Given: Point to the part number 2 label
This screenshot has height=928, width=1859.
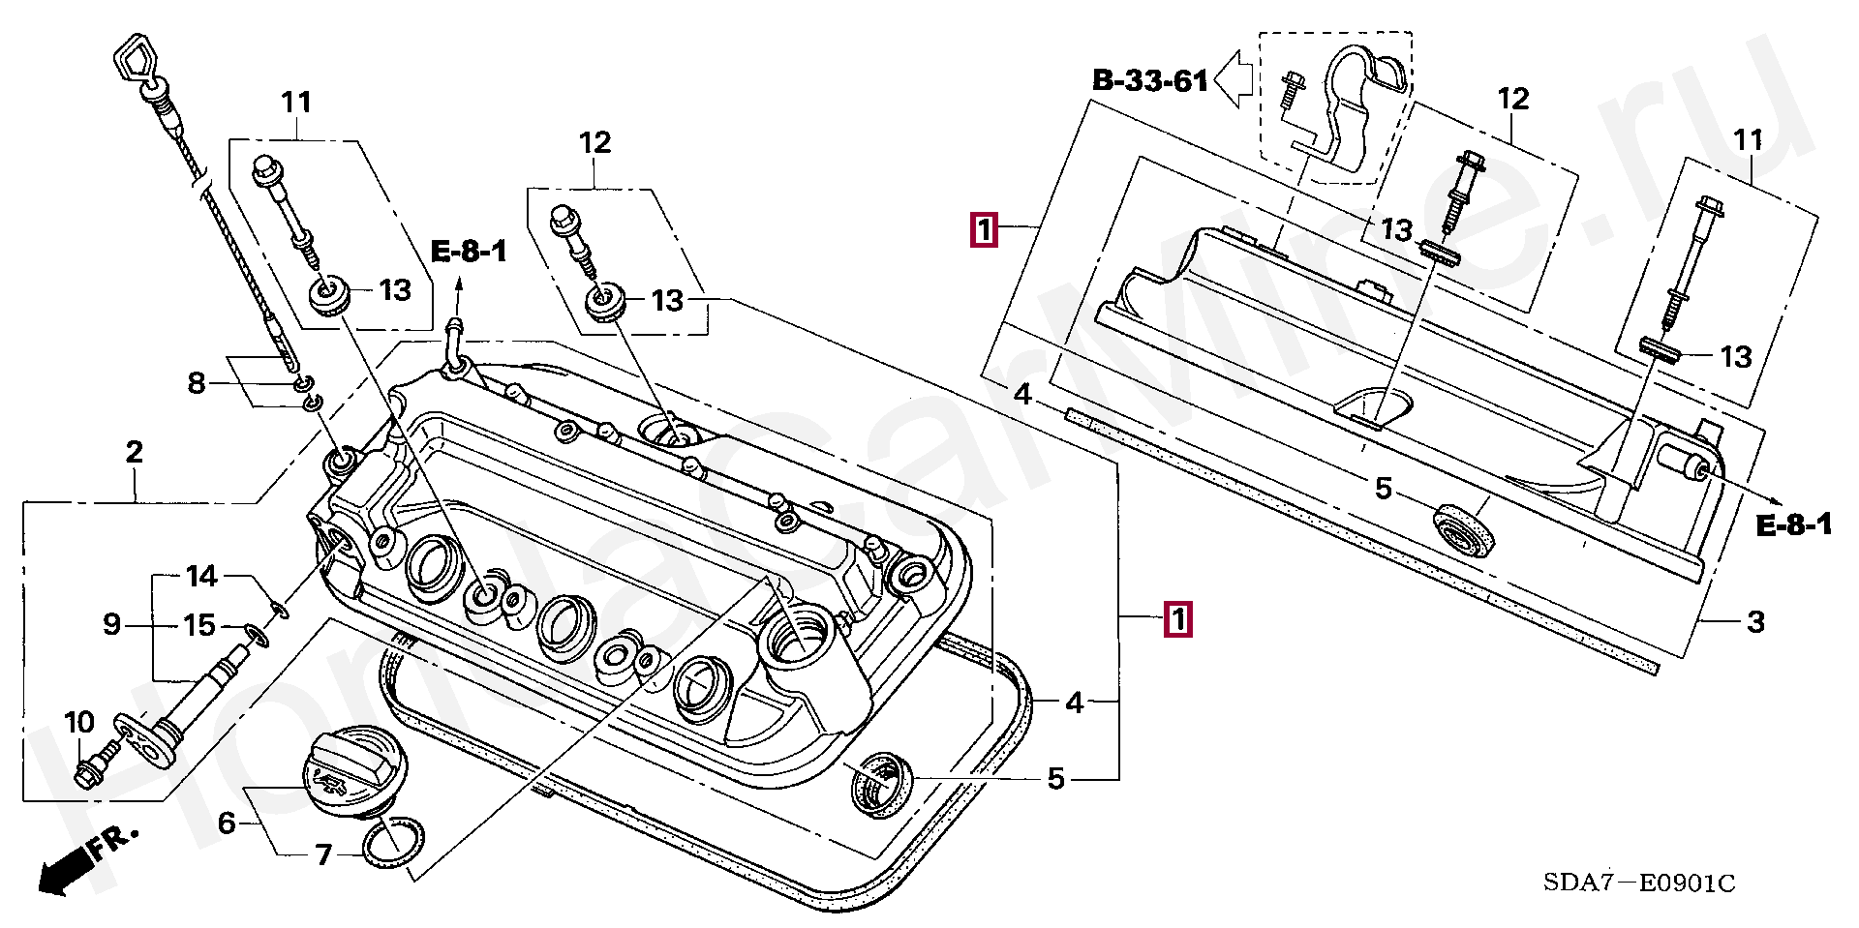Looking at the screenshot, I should [x=135, y=452].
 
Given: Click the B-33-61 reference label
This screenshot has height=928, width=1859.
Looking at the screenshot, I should [x=1149, y=80].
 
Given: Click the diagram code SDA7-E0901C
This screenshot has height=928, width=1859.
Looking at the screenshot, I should [x=1638, y=883].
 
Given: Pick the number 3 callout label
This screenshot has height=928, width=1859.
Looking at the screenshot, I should [x=1755, y=622].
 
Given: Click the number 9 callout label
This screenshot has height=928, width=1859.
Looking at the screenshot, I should [x=112, y=624].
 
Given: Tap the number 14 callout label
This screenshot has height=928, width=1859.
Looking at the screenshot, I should [x=201, y=577].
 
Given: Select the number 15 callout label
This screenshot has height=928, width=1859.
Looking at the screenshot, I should [x=199, y=625].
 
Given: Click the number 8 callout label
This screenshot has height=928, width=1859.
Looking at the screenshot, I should [x=197, y=383].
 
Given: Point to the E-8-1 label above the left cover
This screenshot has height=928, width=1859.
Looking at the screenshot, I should [x=469, y=253].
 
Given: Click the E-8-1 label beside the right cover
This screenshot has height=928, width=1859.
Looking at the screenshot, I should [x=1794, y=525].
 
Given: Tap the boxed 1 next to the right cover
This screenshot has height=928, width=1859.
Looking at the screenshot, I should [x=984, y=230].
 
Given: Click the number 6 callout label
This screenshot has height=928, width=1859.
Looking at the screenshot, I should [x=227, y=823].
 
